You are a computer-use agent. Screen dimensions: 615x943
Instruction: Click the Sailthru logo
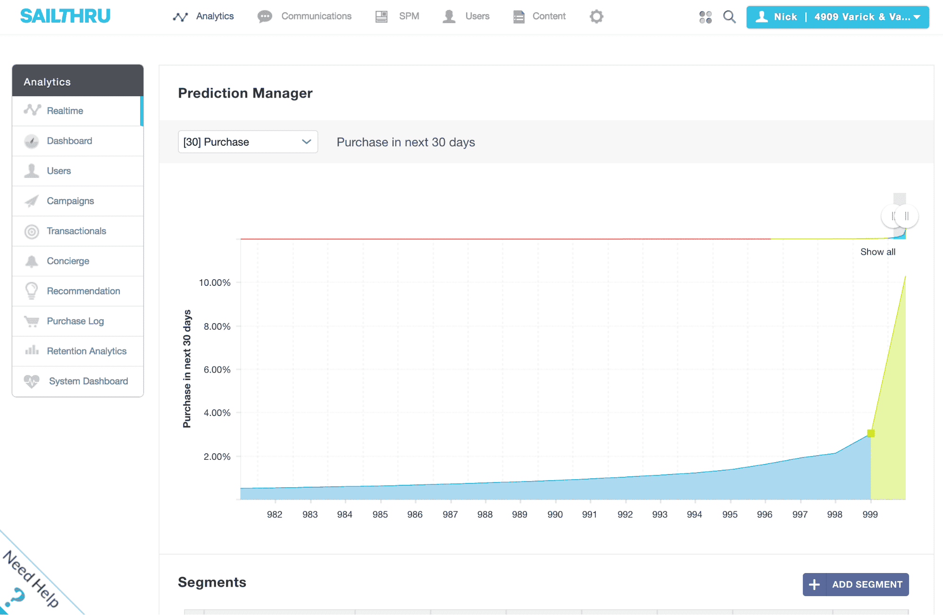click(x=65, y=17)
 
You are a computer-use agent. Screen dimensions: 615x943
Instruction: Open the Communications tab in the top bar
click(x=305, y=17)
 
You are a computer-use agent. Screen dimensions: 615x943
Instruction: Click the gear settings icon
click(x=596, y=17)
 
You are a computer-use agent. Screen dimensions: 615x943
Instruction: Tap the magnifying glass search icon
click(x=729, y=17)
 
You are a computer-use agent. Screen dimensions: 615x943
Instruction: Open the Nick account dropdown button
click(x=837, y=17)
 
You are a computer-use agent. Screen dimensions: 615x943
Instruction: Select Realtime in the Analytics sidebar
click(x=65, y=111)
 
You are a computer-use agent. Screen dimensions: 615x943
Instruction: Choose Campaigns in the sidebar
click(x=70, y=201)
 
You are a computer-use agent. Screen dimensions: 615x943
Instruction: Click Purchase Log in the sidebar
click(x=75, y=321)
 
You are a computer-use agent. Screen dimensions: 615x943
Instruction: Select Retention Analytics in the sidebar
click(x=86, y=351)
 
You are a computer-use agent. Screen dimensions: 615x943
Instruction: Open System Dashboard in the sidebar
click(x=88, y=381)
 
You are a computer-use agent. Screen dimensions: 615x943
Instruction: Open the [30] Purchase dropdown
click(x=248, y=142)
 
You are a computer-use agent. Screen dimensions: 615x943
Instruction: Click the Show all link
click(x=877, y=252)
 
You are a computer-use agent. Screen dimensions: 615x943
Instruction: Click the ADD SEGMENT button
click(x=856, y=584)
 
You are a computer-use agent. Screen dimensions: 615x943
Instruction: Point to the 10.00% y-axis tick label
click(x=215, y=283)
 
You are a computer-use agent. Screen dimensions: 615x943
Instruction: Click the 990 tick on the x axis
click(x=555, y=515)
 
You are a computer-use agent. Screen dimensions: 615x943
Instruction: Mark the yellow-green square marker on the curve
click(x=871, y=433)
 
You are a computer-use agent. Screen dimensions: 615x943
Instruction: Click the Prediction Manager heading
click(x=245, y=93)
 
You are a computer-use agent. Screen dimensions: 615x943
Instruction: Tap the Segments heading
click(x=212, y=582)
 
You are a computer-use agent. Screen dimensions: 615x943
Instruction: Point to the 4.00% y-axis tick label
click(x=217, y=413)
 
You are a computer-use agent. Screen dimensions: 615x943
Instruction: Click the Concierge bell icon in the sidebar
click(x=32, y=261)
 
